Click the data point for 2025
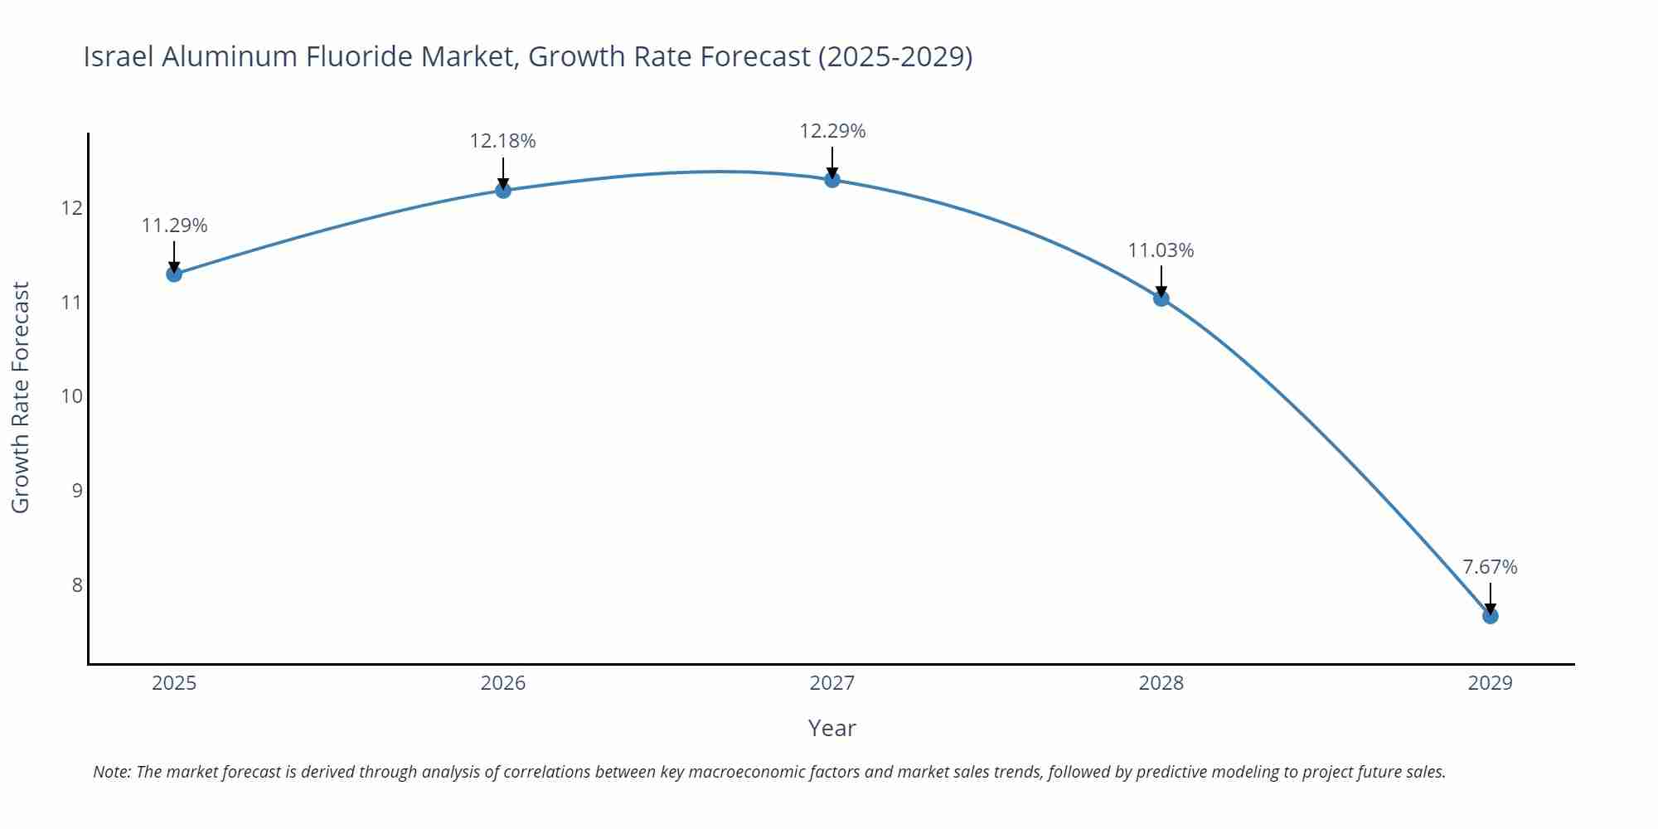click(x=174, y=274)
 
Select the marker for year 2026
click(x=503, y=190)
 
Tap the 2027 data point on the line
click(x=832, y=179)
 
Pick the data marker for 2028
click(x=1161, y=298)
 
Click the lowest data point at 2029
click(x=1490, y=616)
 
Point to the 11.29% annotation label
click(x=174, y=225)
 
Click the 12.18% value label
click(x=502, y=141)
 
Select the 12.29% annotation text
click(x=832, y=131)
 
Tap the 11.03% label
click(x=1161, y=250)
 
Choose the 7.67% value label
click(x=1490, y=567)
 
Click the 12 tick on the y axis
click(x=72, y=207)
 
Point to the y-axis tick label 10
click(x=72, y=396)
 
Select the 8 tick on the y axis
click(x=77, y=585)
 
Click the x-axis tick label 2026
click(x=503, y=683)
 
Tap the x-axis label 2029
click(x=1490, y=683)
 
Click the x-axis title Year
click(x=831, y=728)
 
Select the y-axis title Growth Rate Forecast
click(x=21, y=397)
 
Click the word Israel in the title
click(x=119, y=56)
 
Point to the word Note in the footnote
click(x=111, y=772)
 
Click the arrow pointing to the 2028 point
click(x=1161, y=282)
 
